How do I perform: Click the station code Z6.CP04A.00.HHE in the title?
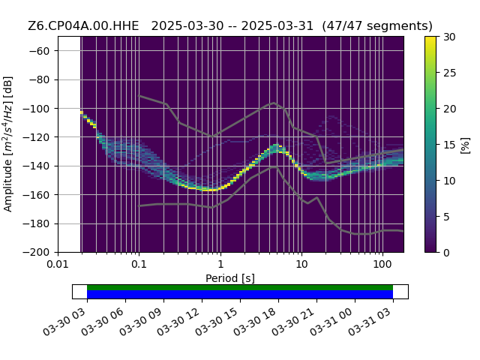click(x=83, y=25)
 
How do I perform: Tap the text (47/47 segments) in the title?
click(x=377, y=26)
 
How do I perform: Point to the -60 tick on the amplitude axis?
click(x=39, y=51)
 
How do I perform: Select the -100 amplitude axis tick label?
click(x=37, y=108)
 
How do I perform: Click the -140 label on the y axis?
click(x=37, y=166)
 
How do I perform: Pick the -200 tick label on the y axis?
click(x=37, y=253)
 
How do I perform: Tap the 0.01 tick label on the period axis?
click(x=58, y=264)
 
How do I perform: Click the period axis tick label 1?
click(x=220, y=264)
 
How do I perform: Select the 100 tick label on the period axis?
click(x=382, y=264)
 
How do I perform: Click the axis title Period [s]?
click(x=230, y=278)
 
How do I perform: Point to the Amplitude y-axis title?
click(x=8, y=144)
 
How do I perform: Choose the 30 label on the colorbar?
click(x=450, y=37)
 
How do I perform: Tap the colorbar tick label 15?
click(x=449, y=145)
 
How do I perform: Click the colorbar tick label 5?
click(x=446, y=217)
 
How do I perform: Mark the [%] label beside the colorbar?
click(x=465, y=145)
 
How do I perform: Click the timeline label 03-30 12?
click(x=178, y=322)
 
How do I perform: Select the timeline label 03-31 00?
click(x=331, y=322)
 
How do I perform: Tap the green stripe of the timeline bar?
click(x=240, y=287)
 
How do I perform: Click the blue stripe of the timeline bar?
click(x=240, y=295)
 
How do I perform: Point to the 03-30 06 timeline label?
click(x=102, y=322)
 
